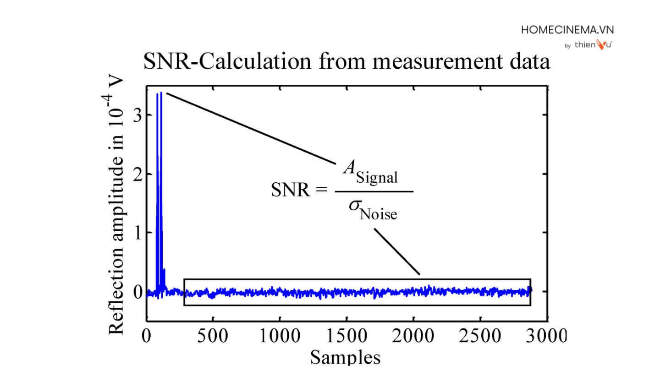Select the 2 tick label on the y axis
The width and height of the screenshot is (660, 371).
[x=136, y=174]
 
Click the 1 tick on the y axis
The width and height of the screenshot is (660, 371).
[x=136, y=233]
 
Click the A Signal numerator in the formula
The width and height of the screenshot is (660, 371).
[x=370, y=173]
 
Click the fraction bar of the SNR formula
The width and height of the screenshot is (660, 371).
[x=374, y=191]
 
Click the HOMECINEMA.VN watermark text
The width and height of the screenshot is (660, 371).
[x=567, y=30]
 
